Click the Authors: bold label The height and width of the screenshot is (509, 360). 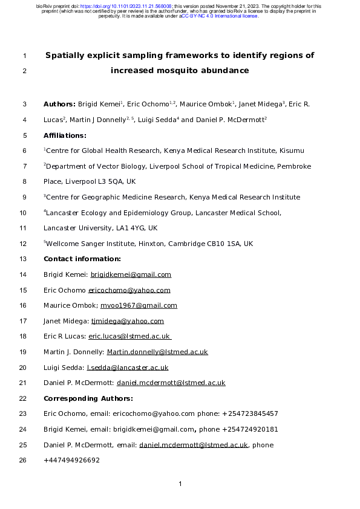coord(59,105)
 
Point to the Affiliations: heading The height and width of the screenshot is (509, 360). coord(65,135)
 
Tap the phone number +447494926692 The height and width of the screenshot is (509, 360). coord(71,461)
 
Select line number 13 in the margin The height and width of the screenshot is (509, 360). coord(24,259)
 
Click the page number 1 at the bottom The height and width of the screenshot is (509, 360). coord(180,484)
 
